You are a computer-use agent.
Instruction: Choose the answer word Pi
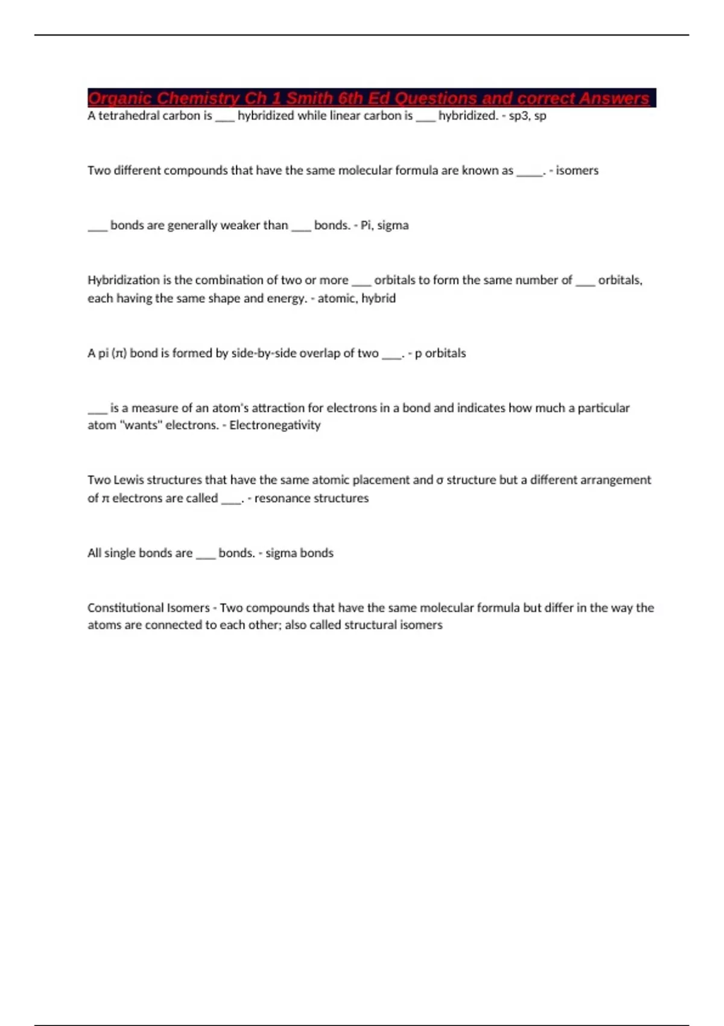366,225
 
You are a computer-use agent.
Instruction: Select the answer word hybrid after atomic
378,298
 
